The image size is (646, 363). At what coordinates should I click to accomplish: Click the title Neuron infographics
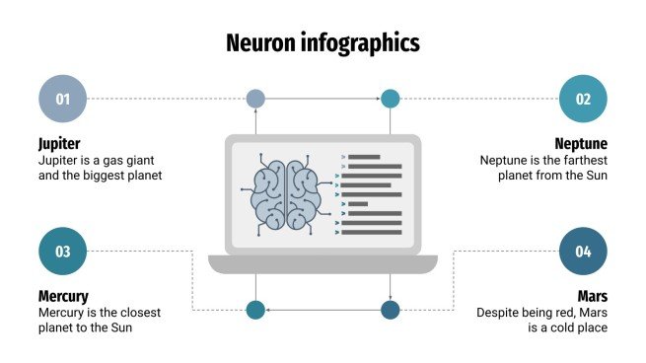point(323,42)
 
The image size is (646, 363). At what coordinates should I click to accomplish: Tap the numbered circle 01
point(62,99)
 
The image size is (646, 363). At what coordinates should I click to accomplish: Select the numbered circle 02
point(583,99)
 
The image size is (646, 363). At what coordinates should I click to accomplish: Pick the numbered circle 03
point(62,252)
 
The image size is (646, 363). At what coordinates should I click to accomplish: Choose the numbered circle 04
point(583,252)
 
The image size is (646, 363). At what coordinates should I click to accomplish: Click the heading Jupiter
point(59,143)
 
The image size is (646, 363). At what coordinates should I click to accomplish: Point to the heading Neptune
point(581,143)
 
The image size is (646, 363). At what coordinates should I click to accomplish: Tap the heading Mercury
point(63,296)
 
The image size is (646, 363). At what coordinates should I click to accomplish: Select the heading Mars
point(592,296)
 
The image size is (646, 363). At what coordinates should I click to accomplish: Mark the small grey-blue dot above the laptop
point(255,99)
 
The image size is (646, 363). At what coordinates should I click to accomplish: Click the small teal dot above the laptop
point(391,99)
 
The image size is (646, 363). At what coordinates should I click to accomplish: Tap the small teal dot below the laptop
point(255,310)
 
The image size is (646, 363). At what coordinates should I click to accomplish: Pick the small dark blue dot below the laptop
point(391,310)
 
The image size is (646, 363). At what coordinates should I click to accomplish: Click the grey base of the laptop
point(323,263)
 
